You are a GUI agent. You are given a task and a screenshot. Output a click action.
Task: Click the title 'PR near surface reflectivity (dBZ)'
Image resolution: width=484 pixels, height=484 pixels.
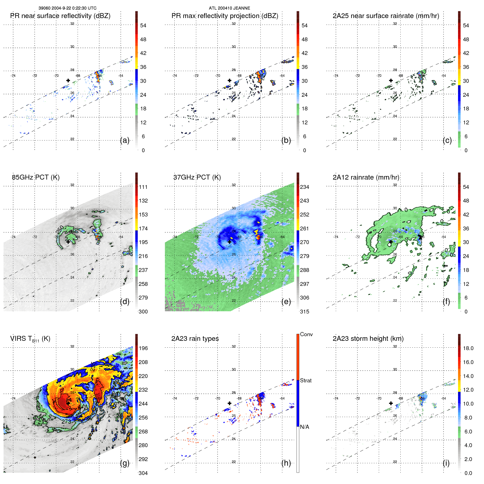tap(60, 16)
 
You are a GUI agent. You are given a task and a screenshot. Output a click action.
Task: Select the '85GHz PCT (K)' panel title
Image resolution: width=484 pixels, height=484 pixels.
tap(36, 177)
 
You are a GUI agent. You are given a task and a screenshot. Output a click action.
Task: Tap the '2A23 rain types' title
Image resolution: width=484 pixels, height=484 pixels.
tap(195, 339)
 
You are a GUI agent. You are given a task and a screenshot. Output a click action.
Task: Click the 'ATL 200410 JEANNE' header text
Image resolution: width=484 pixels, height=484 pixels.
tap(229, 8)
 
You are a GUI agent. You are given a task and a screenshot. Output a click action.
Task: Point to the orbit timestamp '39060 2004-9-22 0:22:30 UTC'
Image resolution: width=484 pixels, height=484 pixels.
tap(67, 8)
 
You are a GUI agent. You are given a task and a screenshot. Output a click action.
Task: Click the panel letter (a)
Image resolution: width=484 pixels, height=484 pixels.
tap(125, 140)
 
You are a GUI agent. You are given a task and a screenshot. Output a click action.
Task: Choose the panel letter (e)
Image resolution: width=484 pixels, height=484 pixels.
tap(286, 301)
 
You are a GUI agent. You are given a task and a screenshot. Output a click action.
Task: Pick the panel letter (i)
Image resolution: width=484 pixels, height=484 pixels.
tap(446, 463)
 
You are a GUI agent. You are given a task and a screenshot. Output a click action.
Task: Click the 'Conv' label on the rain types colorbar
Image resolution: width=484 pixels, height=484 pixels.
tap(306, 334)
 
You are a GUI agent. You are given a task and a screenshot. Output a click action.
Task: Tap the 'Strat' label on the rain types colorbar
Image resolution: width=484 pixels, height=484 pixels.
tap(306, 380)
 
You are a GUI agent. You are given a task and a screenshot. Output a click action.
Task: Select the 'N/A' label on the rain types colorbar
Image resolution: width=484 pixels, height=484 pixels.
tap(304, 427)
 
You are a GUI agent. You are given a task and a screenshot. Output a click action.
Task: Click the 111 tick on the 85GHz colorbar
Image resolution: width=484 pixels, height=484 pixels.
tap(143, 187)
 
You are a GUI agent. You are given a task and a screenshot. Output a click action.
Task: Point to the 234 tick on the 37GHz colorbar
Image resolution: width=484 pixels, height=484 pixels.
tap(304, 187)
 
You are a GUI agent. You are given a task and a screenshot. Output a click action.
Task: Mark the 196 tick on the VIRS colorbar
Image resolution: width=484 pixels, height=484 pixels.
tap(143, 348)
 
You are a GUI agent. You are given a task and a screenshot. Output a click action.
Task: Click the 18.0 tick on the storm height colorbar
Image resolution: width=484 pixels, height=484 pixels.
tap(468, 348)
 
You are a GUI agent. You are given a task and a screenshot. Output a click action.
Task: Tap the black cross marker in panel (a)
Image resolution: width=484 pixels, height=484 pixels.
tap(68, 80)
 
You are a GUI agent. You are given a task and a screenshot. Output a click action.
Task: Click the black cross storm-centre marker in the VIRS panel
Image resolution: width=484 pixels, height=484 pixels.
tap(68, 403)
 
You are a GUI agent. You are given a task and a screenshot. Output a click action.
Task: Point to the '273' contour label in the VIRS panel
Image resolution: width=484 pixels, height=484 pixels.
tap(66, 421)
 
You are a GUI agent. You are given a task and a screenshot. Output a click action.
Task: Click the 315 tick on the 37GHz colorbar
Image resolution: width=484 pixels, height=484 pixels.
tap(304, 312)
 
